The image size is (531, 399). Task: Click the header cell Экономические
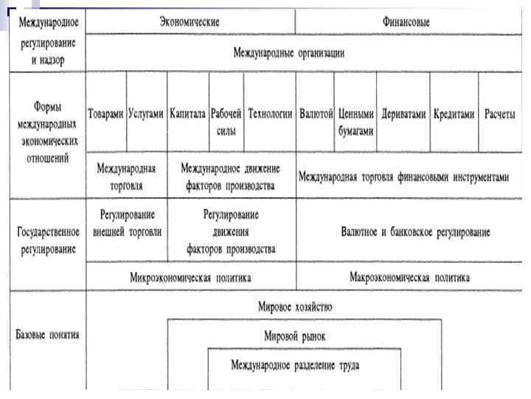190,22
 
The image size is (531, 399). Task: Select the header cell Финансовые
406,22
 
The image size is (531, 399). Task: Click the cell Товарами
106,114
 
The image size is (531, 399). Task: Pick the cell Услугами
146,114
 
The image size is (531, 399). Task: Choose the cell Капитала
188,114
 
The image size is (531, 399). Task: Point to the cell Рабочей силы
226,121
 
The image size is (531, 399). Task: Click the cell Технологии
270,114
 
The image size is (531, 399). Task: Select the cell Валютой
316,114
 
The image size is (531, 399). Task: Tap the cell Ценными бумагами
356,121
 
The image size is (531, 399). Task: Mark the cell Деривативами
403,114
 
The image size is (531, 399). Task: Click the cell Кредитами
453,114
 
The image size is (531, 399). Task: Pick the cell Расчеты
499,114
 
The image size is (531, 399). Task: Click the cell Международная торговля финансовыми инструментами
403,177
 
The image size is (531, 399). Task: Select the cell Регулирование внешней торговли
127,222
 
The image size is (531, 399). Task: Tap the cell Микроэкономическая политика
190,279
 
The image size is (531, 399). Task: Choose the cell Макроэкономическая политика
409,279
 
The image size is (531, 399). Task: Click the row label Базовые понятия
47,335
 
